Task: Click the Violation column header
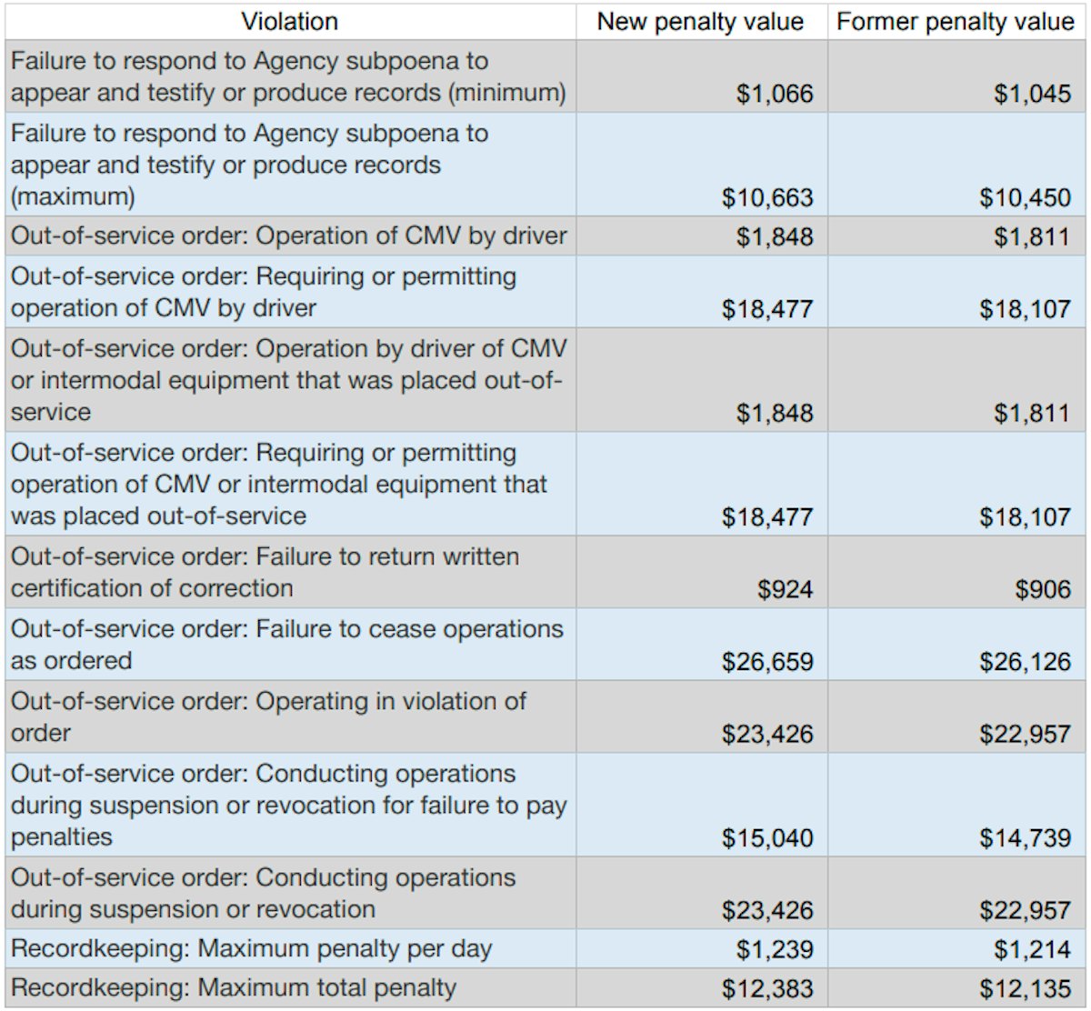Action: tap(289, 22)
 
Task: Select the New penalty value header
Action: tap(700, 22)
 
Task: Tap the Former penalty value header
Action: tap(956, 22)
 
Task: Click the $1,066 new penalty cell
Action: tap(775, 94)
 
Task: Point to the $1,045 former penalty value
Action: tap(1032, 94)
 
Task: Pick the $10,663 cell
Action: tap(767, 197)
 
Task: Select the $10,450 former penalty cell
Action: tap(1025, 197)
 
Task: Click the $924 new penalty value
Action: tap(786, 589)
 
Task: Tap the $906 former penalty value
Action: tap(1043, 589)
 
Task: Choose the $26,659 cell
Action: tap(767, 661)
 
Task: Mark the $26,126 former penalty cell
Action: tap(1025, 661)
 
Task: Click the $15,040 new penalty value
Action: tap(767, 837)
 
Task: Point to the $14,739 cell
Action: tap(1025, 837)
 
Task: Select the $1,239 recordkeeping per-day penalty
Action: tap(775, 949)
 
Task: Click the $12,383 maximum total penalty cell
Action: tap(767, 988)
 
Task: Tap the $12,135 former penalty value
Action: tap(1025, 988)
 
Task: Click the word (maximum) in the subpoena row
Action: tap(73, 196)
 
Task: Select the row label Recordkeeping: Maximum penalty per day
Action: tap(251, 949)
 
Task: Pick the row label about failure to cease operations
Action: tap(286, 645)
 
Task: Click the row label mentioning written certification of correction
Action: tap(264, 573)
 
